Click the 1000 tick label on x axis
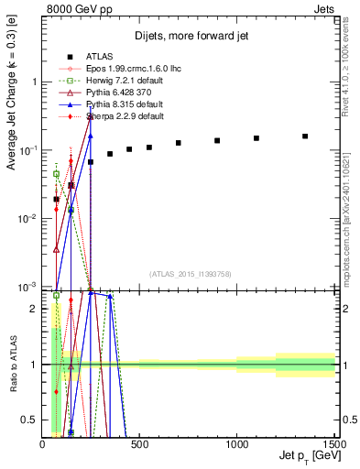[x=237, y=444]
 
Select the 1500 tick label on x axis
[x=333, y=444]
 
